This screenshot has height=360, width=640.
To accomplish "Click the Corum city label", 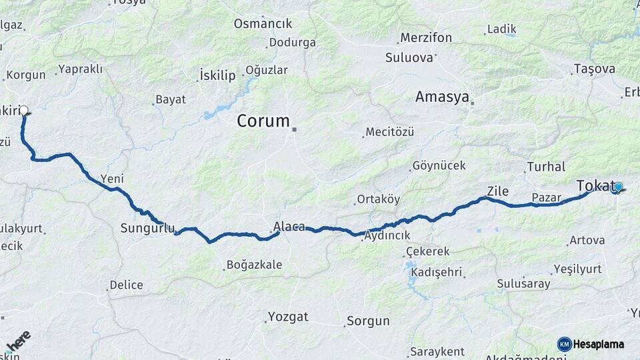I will [264, 121].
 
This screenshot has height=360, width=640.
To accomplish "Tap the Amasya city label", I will [442, 97].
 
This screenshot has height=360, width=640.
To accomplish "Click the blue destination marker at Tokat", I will [618, 187].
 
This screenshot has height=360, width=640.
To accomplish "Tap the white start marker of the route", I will [24, 110].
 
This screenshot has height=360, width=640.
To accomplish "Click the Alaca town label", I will [289, 227].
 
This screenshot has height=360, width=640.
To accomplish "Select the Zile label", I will [497, 191].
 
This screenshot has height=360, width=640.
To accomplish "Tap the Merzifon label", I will [425, 38].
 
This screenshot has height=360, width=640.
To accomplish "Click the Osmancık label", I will [263, 23].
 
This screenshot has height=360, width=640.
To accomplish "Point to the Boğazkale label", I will [254, 265].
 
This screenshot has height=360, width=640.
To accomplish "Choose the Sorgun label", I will [367, 321].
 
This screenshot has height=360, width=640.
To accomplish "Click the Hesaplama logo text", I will [598, 344].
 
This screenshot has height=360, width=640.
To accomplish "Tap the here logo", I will [18, 341].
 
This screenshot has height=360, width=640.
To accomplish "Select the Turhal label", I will [545, 167].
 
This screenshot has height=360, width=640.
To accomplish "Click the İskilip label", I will [217, 75].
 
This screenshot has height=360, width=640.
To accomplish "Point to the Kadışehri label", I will [437, 273].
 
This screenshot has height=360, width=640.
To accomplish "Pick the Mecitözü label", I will [389, 132].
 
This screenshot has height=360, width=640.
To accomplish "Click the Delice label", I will [126, 285].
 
